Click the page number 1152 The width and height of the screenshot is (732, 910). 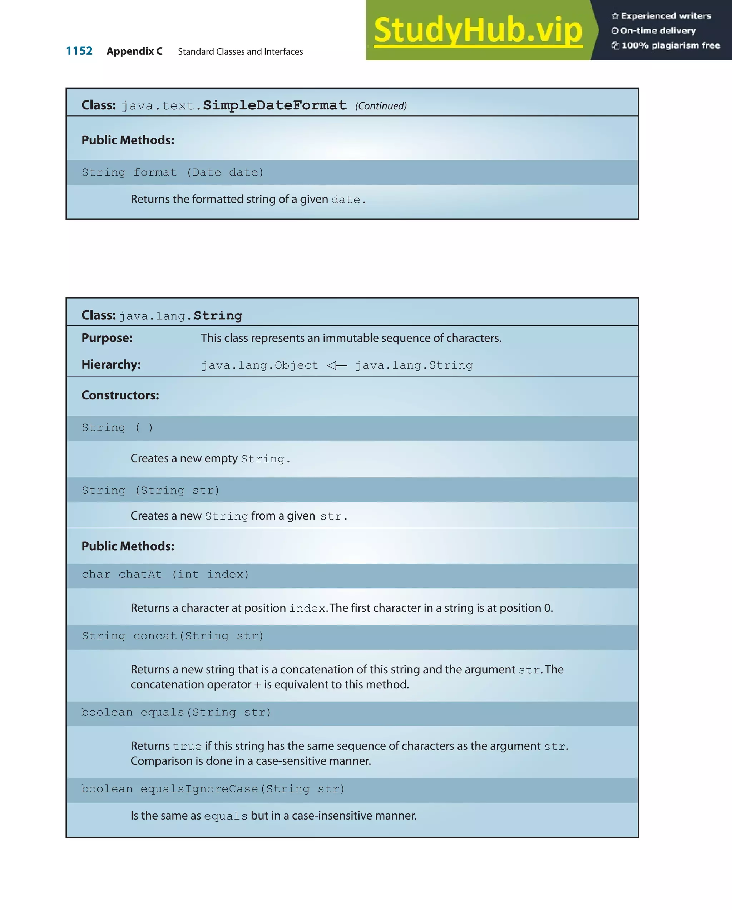[79, 51]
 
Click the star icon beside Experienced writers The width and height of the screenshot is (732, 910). [615, 16]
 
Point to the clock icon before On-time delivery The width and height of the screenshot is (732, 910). [615, 31]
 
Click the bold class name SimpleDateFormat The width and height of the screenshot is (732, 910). [274, 105]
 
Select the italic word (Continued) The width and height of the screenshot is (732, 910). [381, 106]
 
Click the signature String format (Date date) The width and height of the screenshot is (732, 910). [173, 172]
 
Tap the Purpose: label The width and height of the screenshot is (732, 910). [107, 338]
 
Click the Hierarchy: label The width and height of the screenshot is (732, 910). [111, 365]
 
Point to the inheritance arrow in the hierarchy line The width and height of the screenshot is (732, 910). [337, 365]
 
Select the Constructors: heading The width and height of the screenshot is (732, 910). [120, 395]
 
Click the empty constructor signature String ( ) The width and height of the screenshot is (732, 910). [117, 428]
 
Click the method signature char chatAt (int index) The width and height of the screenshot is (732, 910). [165, 575]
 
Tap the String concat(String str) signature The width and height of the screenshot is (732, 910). [173, 636]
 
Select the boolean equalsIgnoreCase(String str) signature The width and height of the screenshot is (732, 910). [213, 789]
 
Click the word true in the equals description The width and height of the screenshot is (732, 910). [187, 747]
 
